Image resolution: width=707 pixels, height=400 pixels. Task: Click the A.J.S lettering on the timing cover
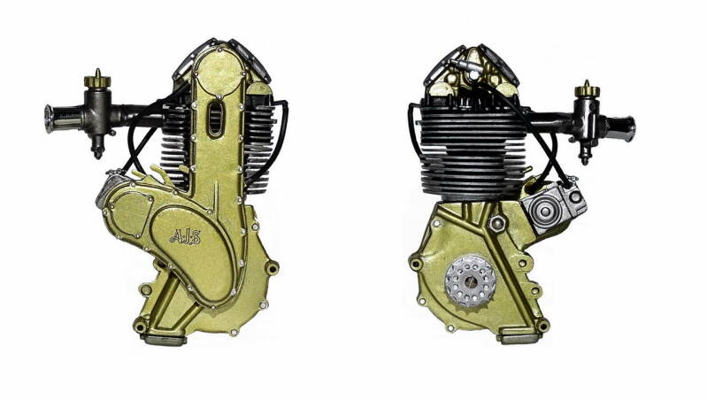185,236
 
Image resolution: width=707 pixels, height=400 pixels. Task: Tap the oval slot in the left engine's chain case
215,119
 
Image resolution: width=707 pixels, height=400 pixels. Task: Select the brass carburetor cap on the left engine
97,80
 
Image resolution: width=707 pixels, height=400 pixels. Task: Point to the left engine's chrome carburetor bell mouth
55,119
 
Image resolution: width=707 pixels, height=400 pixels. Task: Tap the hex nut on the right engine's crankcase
497,222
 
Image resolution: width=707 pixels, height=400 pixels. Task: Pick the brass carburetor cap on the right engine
587,90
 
